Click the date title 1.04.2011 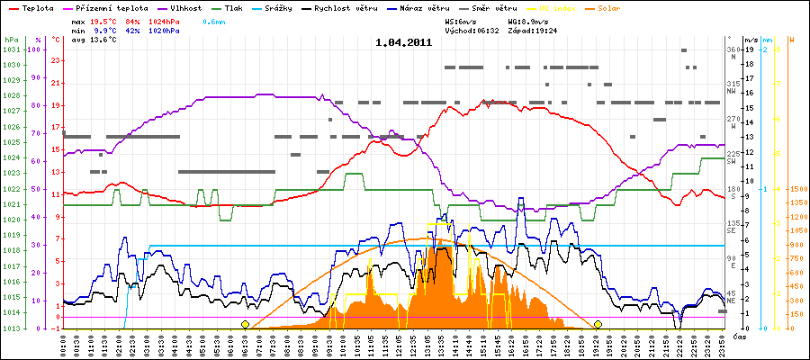click(x=404, y=41)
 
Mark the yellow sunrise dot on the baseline click(x=245, y=324)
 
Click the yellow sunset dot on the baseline click(x=598, y=324)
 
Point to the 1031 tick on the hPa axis click(x=11, y=49)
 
